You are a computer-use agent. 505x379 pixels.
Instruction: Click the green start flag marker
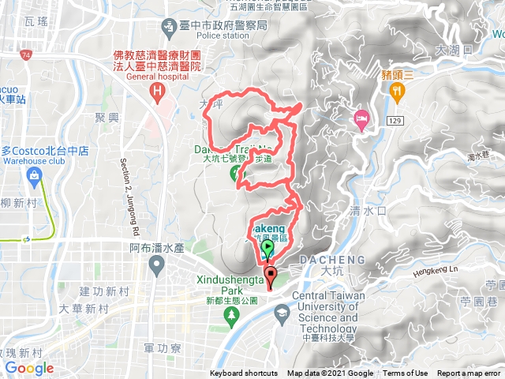(267, 249)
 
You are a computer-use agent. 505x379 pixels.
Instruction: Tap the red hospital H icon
(158, 92)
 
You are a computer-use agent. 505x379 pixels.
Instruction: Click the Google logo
(28, 368)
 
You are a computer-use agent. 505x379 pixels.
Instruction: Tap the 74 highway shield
(27, 55)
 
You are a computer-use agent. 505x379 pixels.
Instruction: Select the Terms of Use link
(406, 373)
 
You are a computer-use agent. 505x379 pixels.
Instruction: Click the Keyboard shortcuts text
(245, 373)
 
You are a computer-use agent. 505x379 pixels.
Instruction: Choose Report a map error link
(469, 373)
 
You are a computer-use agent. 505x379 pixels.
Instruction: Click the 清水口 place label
(366, 212)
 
